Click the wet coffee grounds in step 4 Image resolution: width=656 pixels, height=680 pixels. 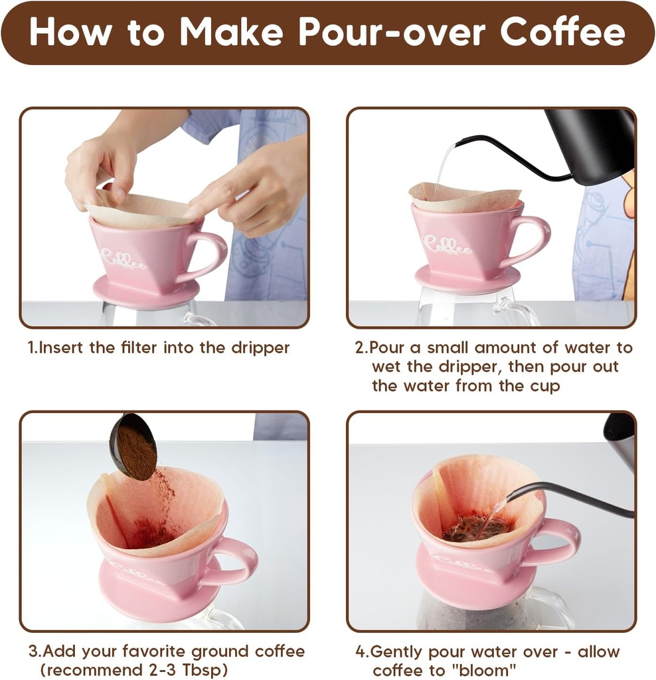tap(475, 528)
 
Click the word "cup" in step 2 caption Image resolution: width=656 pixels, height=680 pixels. tap(544, 385)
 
